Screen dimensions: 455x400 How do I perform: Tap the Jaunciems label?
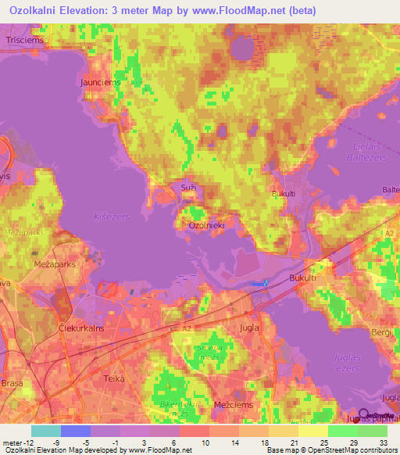tap(98, 80)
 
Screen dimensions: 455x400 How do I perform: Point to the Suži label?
tap(188, 188)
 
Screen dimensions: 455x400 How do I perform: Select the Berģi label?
tap(381, 333)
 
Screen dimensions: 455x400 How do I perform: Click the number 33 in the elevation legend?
tap(382, 443)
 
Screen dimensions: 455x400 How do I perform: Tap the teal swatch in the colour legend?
tap(46, 431)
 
